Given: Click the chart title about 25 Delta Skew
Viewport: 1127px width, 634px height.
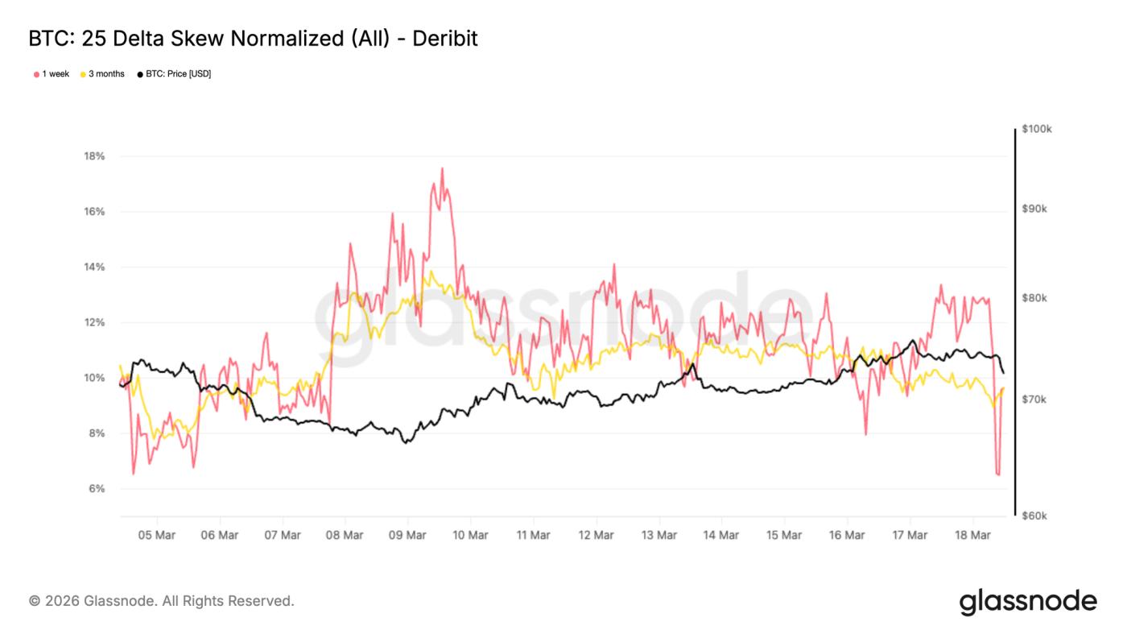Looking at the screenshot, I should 253,39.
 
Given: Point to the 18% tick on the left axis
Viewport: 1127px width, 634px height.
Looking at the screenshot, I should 94,156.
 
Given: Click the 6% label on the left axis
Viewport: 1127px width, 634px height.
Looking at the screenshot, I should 96,489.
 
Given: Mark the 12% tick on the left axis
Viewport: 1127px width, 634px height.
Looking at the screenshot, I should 94,322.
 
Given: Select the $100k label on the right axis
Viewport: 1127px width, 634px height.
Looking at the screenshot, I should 1036,129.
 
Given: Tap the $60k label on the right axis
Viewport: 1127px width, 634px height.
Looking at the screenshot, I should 1034,516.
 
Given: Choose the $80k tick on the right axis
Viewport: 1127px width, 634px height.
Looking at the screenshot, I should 1034,298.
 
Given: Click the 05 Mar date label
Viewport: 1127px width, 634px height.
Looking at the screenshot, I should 156,535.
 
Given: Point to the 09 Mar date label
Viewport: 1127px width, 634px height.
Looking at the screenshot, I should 407,535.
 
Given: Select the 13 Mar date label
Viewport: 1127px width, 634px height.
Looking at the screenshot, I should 658,535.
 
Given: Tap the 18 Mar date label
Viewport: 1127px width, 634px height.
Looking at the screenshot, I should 972,535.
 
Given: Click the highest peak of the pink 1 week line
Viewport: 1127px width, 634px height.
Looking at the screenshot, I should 442,168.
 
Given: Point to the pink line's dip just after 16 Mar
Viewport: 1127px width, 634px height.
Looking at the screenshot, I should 866,434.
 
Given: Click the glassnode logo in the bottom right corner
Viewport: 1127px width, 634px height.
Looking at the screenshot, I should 1028,602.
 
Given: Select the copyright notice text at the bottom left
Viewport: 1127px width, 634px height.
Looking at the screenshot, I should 162,601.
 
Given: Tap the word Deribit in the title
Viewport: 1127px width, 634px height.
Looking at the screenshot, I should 445,39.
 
